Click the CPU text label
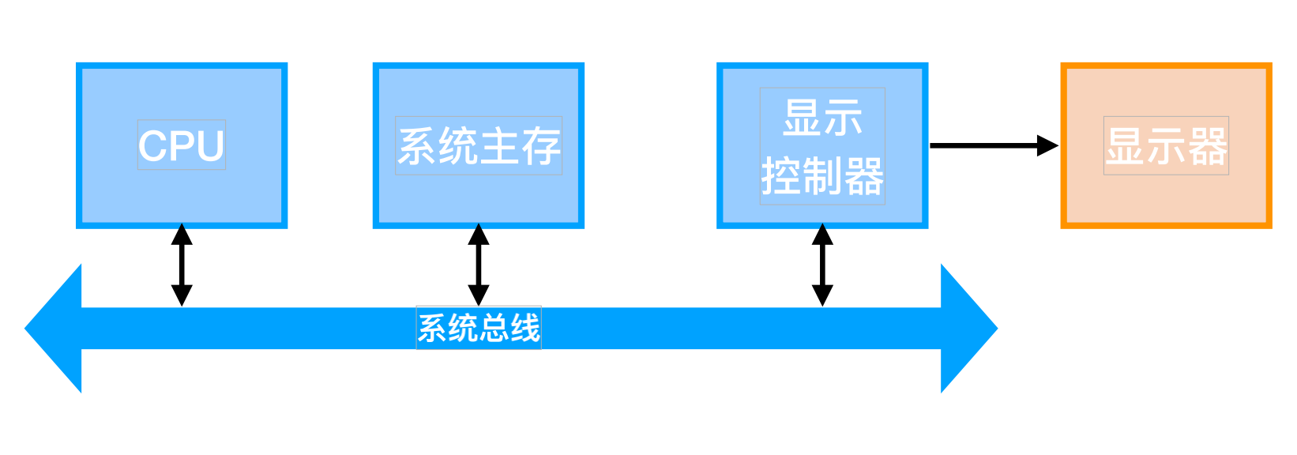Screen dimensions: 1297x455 point(181,145)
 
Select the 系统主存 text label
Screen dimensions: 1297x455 point(479,146)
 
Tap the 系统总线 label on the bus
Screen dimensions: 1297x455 point(479,329)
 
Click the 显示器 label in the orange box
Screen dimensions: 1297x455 point(1166,146)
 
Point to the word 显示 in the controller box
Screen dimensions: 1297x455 point(823,118)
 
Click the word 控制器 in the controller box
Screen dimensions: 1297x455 point(823,176)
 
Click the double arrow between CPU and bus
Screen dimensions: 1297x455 point(182,265)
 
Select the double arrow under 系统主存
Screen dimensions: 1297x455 point(479,265)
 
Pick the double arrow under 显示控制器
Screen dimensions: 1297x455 point(823,265)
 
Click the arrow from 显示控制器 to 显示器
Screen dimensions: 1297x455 point(994,146)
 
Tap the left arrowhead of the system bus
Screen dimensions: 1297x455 point(53,329)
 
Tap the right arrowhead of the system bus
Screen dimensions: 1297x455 point(969,329)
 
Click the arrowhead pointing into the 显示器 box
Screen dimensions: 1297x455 point(1047,146)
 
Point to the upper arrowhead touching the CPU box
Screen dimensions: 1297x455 point(182,235)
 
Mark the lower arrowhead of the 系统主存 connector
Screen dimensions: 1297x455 point(479,295)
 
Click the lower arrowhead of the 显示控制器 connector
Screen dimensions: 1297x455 point(823,295)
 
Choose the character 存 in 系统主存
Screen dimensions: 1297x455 point(541,146)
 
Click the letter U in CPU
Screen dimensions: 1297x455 point(209,146)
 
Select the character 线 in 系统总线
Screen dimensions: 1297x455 point(525,329)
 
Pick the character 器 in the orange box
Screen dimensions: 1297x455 point(1208,146)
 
